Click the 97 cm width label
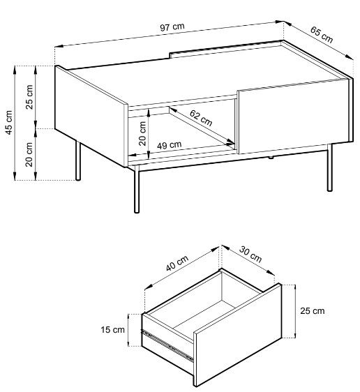172,27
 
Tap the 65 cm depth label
322,34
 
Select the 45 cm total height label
9,123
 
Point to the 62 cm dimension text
201,118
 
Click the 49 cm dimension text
170,145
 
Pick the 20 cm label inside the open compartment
142,133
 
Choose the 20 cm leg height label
29,155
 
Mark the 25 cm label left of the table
29,97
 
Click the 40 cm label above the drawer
177,263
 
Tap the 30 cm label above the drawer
250,255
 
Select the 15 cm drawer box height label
112,330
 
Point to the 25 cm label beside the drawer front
313,311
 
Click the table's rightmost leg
330,167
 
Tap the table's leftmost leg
78,160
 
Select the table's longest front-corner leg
137,189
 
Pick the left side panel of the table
90,116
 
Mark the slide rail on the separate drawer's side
167,345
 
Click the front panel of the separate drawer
237,335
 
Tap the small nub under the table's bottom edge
271,158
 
